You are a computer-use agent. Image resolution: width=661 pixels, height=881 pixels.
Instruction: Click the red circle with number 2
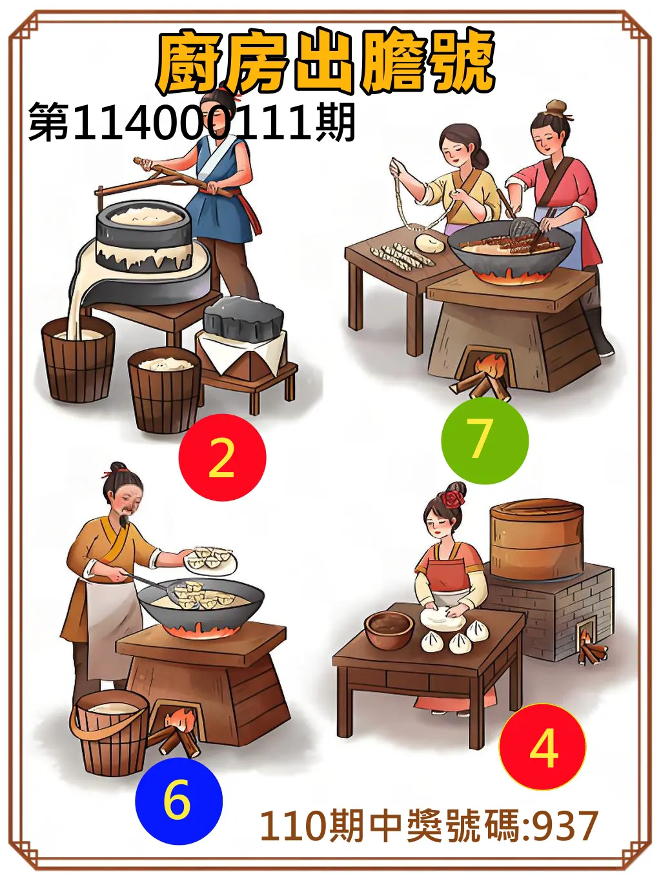click(x=222, y=457)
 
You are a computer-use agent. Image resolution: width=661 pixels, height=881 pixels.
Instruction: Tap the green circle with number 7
click(x=484, y=440)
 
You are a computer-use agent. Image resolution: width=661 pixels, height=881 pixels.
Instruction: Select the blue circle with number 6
click(x=178, y=800)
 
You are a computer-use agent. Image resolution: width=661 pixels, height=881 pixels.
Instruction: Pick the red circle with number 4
click(x=542, y=747)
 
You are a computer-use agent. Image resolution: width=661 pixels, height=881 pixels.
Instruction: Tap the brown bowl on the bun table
click(x=389, y=629)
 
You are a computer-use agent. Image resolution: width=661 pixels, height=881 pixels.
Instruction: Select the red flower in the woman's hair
click(x=455, y=498)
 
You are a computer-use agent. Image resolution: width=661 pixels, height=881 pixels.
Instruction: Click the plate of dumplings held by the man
click(x=211, y=559)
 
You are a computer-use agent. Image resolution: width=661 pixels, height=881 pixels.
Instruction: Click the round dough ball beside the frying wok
click(x=429, y=243)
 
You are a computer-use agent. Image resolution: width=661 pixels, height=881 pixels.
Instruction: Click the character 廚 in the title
click(x=190, y=63)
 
